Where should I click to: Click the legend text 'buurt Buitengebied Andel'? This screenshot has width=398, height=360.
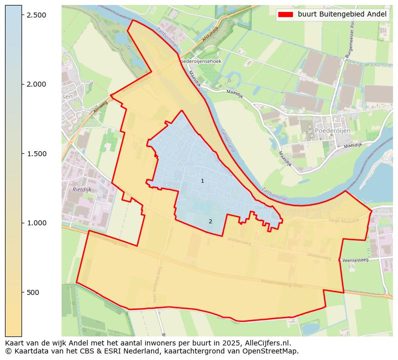tap(342, 15)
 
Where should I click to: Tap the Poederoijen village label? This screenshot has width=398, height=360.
tap(332, 131)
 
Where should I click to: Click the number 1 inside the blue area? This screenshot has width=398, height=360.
tap(202, 181)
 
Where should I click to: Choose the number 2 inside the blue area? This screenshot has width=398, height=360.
tap(210, 221)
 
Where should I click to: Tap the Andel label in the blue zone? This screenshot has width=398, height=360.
tap(185, 164)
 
